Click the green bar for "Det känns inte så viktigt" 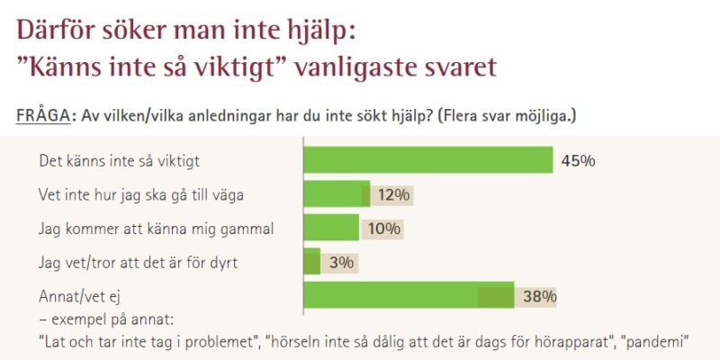pos(428,160)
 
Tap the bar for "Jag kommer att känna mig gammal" pos(331,228)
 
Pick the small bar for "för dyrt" pos(312,262)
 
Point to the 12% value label pos(393,194)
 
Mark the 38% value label pos(539,296)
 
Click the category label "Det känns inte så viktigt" pos(119,162)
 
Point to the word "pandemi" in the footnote pos(660,342)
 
